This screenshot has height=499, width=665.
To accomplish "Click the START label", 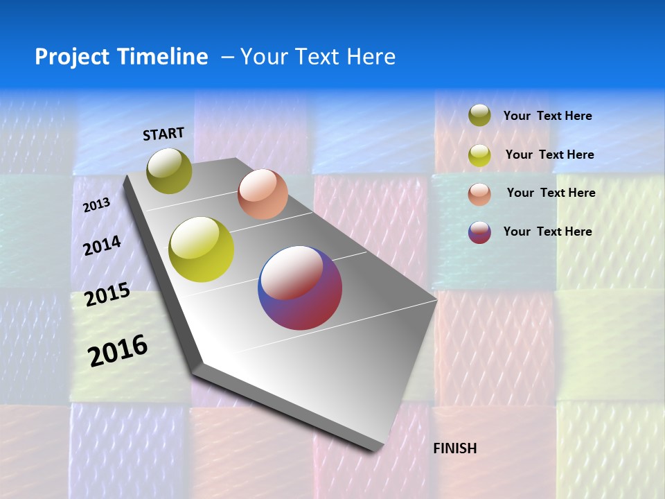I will coord(163,134).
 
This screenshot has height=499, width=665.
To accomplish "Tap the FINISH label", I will coord(454,448).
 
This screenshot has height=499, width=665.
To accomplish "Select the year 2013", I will coord(96,205).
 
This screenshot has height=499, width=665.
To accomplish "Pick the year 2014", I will coord(102,245).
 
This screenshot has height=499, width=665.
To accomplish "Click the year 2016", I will coord(118,351).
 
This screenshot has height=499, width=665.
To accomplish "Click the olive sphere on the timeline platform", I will coord(169,170).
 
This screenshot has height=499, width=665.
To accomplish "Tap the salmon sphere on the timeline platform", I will coord(263,194).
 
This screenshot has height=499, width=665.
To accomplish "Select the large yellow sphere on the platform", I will coord(202,249).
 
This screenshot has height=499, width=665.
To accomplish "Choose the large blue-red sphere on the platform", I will coord(300,288).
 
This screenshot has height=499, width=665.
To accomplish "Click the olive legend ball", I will coord(479,116).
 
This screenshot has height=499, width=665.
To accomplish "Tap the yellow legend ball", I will coord(479,155).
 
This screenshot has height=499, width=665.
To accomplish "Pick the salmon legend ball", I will coord(479,194).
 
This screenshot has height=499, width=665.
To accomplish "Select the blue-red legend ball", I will coord(479,232).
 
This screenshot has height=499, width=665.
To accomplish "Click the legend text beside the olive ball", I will coord(547,116).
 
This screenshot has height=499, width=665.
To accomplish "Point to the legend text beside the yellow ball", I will coord(549,155).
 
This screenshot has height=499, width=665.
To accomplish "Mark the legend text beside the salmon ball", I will coord(551,193).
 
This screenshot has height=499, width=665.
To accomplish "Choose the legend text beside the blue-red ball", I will coord(547,231).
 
